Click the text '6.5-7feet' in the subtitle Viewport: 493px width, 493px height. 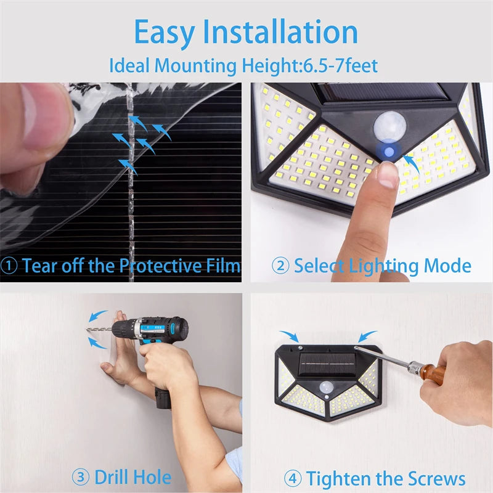click(x=339, y=65)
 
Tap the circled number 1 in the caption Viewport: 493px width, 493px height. click(x=9, y=266)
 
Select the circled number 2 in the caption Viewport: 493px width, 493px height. click(x=280, y=266)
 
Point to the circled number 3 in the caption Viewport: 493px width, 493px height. click(x=80, y=477)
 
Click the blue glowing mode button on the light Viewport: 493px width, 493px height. click(x=388, y=150)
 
